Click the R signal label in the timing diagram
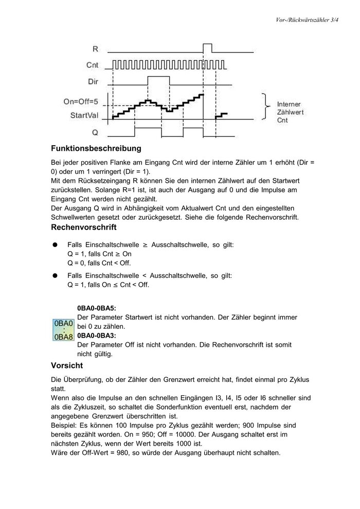pyautogui.click(x=96, y=49)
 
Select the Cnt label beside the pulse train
pyautogui.click(x=93, y=65)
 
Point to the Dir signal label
pyautogui.click(x=93, y=81)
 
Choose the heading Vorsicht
pyautogui.click(x=66, y=366)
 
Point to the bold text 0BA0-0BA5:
pyautogui.click(x=97, y=309)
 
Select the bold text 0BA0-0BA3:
pyautogui.click(x=97, y=336)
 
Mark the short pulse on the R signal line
pyautogui.click(x=208, y=48)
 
